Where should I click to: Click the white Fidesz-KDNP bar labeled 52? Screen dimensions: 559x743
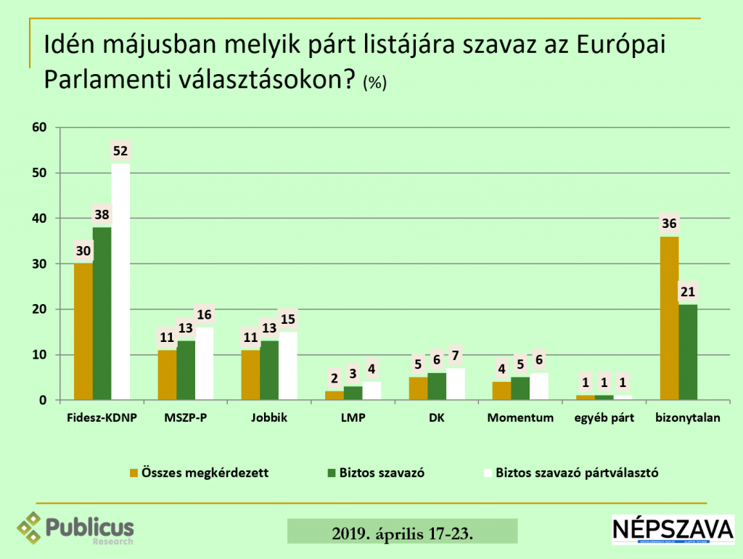tap(120, 282)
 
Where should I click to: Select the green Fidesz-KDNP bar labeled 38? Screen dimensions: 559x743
tap(102, 314)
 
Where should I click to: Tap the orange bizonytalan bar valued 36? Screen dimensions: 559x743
tap(668, 318)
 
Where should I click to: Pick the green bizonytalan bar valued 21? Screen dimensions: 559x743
tap(687, 352)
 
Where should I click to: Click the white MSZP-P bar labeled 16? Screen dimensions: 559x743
tap(204, 363)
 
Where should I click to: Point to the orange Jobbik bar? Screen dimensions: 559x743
tap(250, 375)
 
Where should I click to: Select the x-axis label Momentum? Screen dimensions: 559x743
tap(520, 418)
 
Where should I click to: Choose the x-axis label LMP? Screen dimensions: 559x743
tap(353, 418)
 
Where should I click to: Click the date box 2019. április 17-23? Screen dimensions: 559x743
tap(403, 533)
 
